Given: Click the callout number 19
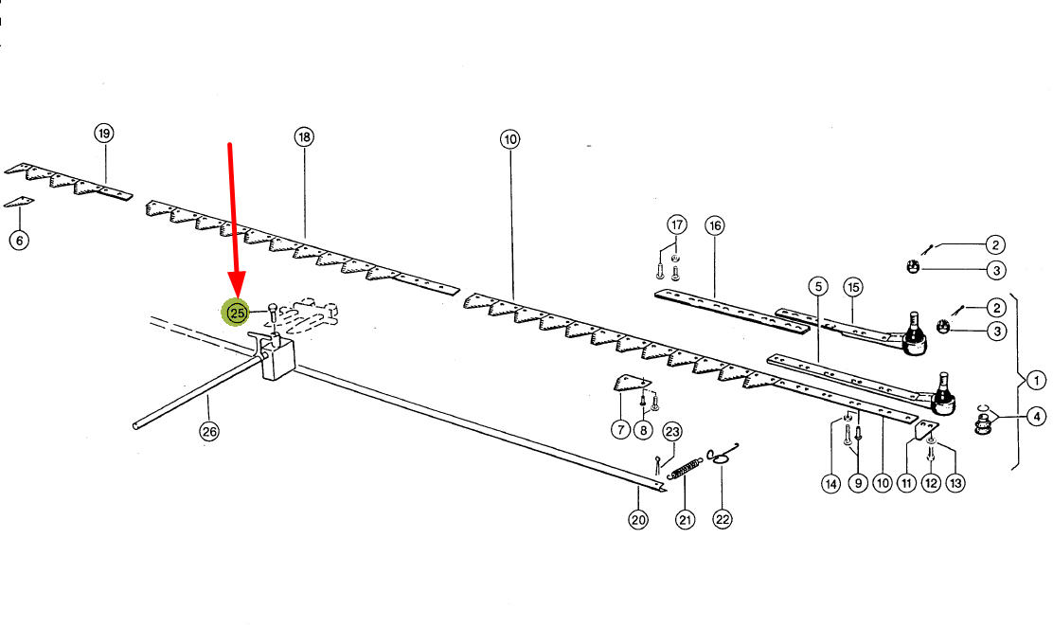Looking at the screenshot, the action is [x=104, y=134].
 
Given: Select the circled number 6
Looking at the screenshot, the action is [x=19, y=240].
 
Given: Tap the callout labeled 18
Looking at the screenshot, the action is [x=303, y=138].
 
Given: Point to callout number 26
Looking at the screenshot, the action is [x=208, y=432].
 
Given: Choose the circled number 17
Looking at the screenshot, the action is [x=675, y=225].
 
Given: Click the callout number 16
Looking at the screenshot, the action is [x=714, y=225].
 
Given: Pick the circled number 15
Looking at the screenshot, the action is [x=852, y=286].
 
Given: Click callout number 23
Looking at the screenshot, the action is [x=671, y=432].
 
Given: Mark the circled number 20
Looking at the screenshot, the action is [x=639, y=519].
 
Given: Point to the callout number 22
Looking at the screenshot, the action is [x=723, y=519].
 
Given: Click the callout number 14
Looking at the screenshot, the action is [x=830, y=484].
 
